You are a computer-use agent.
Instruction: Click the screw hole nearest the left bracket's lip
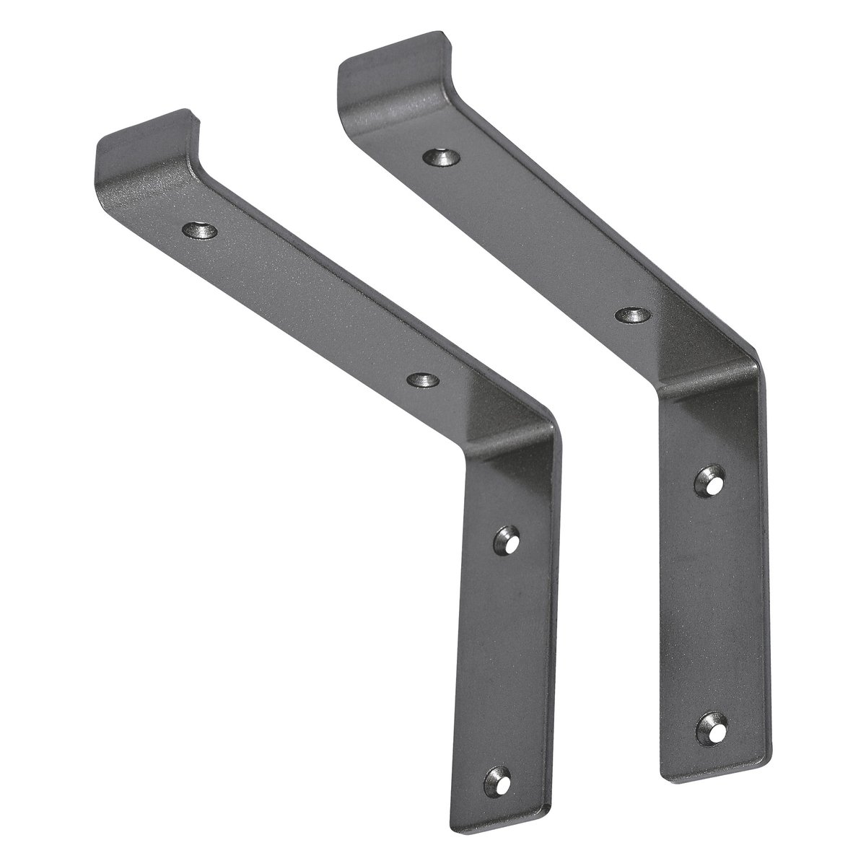pyautogui.click(x=200, y=232)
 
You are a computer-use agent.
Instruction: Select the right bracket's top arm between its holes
pyautogui.click(x=538, y=235)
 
